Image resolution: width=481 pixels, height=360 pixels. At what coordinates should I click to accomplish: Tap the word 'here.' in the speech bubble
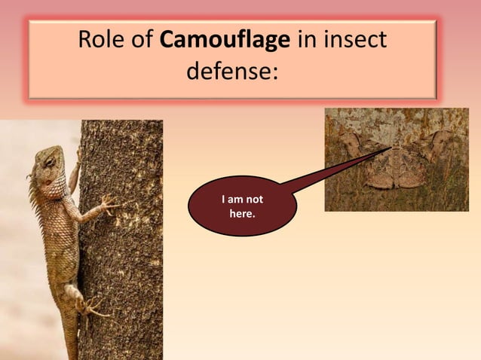point(241,215)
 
